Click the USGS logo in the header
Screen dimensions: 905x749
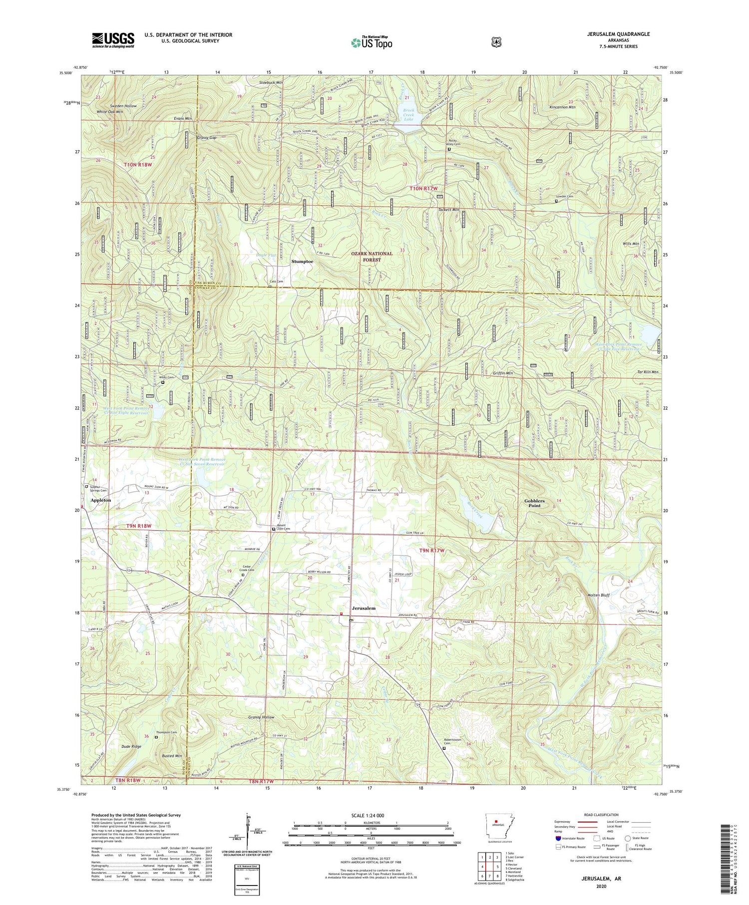coord(113,40)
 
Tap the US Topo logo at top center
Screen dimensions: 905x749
coord(372,42)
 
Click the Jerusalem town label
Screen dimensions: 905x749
coord(364,608)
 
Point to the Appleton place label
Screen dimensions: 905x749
coord(100,500)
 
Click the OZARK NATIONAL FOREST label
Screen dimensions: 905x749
coord(372,257)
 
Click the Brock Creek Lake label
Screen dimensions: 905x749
coord(409,115)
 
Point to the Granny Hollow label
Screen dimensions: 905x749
coord(261,717)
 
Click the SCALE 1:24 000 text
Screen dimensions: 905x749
coord(371,815)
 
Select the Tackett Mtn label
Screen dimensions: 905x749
coord(448,210)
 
